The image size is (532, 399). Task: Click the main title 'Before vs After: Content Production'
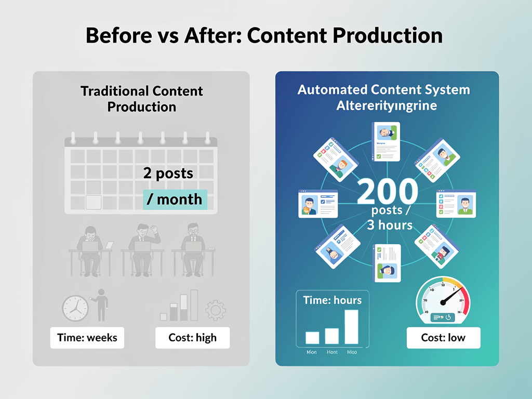pos(264,36)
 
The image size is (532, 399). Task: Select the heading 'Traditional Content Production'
pos(141,99)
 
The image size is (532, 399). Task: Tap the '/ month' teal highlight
pos(175,199)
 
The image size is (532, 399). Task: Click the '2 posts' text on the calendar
pos(168,174)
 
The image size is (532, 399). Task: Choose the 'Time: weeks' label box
pos(87,338)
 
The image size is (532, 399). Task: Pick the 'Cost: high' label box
pos(192,338)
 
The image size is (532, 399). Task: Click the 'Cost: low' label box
pos(443,338)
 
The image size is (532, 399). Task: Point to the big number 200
pos(388,192)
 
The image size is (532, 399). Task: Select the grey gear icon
pos(216,310)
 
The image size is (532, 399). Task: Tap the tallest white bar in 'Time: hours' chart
pos(351,327)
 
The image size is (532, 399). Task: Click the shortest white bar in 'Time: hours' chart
pos(312,338)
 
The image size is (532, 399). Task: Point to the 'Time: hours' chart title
pos(332,300)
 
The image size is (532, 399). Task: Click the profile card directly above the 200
pos(386,141)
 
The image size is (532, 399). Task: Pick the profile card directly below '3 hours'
pos(387,263)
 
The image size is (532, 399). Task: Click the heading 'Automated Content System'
pos(383,89)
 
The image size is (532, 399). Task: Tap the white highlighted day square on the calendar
pos(94,202)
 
